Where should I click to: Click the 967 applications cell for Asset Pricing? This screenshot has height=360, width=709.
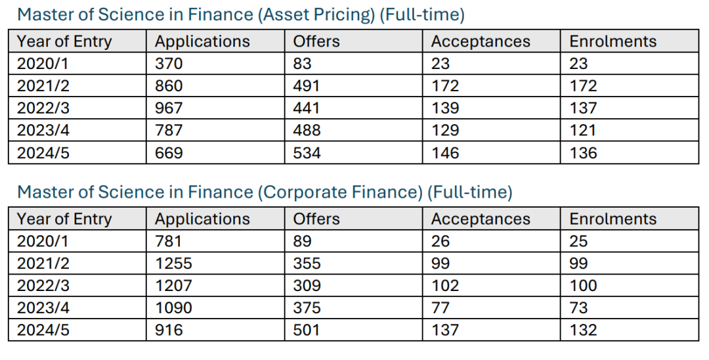(x=169, y=108)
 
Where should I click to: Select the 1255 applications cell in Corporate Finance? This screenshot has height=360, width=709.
(x=173, y=263)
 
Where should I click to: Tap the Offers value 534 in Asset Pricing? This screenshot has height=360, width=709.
(x=307, y=153)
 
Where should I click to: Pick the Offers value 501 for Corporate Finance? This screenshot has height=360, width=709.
(x=307, y=330)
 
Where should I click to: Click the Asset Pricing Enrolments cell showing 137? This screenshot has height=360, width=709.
(x=584, y=108)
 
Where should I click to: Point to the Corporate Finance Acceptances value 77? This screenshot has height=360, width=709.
(x=440, y=308)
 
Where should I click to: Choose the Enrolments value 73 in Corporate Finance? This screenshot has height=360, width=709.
(x=579, y=308)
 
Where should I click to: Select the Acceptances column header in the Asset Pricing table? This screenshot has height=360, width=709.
(x=481, y=41)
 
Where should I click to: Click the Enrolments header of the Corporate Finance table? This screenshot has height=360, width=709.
(x=613, y=219)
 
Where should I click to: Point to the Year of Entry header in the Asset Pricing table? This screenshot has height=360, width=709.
(x=64, y=41)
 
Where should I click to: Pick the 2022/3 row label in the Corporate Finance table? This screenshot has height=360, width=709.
(x=43, y=286)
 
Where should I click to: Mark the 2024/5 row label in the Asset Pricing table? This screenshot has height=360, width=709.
(x=43, y=153)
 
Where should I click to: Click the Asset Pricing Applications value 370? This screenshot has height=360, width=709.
(x=169, y=64)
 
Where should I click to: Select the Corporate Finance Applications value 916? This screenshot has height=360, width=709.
(x=169, y=330)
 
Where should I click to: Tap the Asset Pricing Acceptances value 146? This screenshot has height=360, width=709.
(x=445, y=153)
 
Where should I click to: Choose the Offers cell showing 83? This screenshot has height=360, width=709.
(x=303, y=64)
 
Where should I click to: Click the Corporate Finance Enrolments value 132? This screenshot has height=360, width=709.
(x=584, y=330)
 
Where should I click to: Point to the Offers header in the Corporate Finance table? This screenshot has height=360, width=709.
(x=316, y=219)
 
